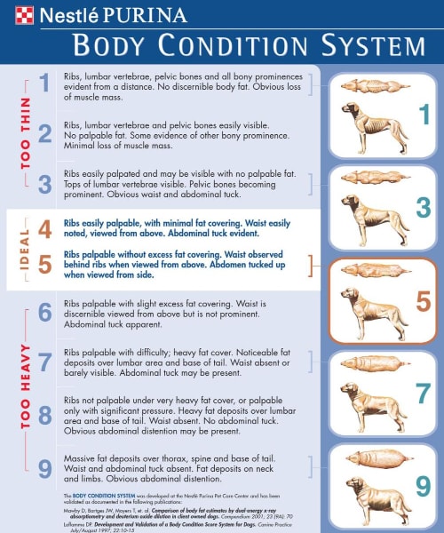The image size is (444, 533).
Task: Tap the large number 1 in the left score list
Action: point(44,84)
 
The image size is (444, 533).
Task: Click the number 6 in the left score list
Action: point(44,313)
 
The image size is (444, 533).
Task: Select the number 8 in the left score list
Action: point(44,413)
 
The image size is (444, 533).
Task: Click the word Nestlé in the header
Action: point(72,14)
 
